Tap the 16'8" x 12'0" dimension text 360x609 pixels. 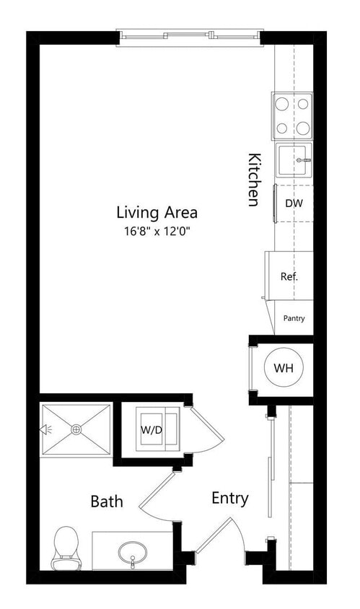click(x=157, y=232)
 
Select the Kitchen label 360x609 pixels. click(x=254, y=179)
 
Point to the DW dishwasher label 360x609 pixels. click(x=294, y=203)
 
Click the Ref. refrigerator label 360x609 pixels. click(x=289, y=276)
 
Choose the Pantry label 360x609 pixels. click(x=294, y=317)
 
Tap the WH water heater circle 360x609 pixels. click(x=284, y=368)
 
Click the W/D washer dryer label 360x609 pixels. click(x=151, y=429)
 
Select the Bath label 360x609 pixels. click(x=106, y=501)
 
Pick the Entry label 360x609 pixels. click(x=230, y=498)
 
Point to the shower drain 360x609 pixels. click(x=76, y=429)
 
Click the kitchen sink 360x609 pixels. click(x=294, y=160)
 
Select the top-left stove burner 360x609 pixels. click(x=283, y=105)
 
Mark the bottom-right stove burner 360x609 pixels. click(x=304, y=128)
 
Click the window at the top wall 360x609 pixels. click(x=189, y=34)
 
